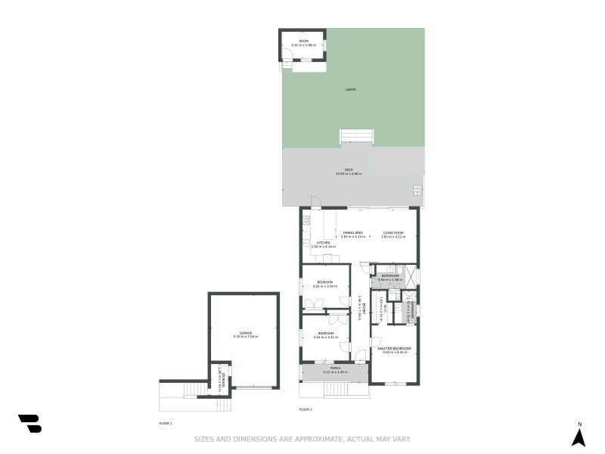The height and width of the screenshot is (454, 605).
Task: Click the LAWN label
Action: (x=350, y=89)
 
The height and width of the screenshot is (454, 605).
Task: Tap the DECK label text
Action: (x=349, y=169)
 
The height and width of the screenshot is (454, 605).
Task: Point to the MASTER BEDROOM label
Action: (x=395, y=348)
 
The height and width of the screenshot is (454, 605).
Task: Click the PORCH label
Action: (x=334, y=368)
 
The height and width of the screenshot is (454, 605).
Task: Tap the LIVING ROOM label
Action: (x=392, y=232)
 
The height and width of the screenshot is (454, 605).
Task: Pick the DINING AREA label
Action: (x=353, y=232)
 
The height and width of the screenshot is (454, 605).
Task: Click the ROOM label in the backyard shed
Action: (x=303, y=41)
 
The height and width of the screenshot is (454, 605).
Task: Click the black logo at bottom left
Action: (x=29, y=424)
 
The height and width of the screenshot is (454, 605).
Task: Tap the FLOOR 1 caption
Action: (x=166, y=422)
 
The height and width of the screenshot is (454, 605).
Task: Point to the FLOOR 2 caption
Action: (x=306, y=409)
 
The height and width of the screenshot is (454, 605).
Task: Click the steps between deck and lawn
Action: (x=356, y=136)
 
